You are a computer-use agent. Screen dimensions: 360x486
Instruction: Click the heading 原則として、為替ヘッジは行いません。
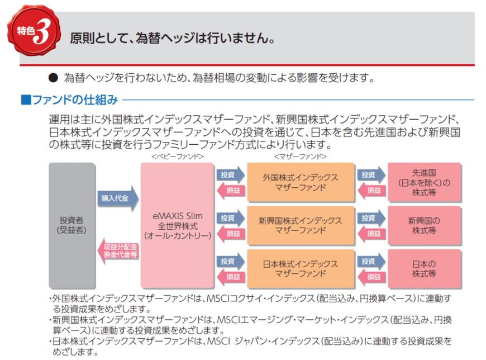click(173, 39)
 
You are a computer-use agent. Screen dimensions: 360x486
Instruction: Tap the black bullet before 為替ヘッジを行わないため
click(53, 78)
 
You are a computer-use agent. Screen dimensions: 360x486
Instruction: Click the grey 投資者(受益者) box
click(71, 225)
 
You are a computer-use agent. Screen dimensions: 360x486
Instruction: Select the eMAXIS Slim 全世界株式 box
click(177, 225)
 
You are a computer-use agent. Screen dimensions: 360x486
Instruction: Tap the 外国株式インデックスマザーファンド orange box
click(301, 182)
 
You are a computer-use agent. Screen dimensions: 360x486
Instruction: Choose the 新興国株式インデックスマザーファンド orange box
click(301, 225)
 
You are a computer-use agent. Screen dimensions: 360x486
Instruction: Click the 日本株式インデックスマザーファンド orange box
click(301, 268)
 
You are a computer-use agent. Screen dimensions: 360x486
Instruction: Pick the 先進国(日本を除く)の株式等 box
click(424, 182)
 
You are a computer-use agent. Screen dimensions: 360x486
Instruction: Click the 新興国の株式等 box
click(424, 225)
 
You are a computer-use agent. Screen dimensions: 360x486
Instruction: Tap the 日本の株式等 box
click(424, 268)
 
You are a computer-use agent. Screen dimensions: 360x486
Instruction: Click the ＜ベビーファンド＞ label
click(177, 157)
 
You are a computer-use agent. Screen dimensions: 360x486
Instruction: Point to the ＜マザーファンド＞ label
click(300, 157)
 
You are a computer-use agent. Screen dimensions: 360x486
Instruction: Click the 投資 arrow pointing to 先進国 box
click(370, 174)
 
